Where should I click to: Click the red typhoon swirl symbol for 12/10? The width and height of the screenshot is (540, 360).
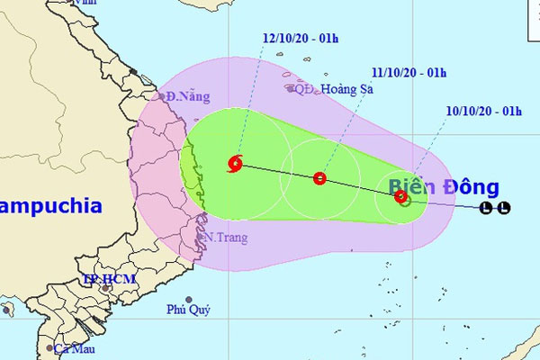pos(236,164)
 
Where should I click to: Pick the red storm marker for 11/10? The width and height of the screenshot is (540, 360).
pos(319,178)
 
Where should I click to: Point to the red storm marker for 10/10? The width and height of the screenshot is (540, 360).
pos(400,195)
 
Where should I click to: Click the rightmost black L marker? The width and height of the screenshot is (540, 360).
pos(505,210)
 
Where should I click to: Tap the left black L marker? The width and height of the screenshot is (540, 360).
pos(487,210)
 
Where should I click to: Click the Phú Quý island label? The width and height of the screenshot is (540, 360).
pos(188,310)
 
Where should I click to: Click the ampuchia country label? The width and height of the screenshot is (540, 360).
pos(49,205)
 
